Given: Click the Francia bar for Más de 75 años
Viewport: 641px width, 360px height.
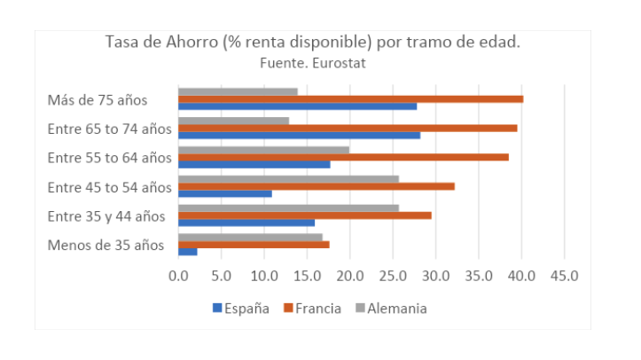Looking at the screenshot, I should point(350,98).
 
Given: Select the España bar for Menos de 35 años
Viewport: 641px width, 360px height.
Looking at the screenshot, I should point(187,252).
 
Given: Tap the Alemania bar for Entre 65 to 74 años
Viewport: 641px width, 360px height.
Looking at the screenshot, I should point(233,121).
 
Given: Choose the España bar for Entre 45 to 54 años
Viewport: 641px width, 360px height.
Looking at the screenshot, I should point(224,193).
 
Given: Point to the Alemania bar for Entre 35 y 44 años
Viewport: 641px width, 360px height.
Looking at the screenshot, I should point(288,207).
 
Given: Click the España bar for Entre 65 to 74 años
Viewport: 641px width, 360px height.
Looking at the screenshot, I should point(299,135).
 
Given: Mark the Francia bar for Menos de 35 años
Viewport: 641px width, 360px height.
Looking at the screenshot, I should point(254,245).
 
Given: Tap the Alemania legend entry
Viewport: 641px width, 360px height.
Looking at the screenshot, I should point(390,309).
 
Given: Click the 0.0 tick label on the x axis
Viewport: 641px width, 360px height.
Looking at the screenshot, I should point(178,276).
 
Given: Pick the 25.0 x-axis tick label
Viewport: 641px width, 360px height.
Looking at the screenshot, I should point(393,276).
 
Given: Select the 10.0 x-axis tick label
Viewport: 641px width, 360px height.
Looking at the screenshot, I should point(264,276).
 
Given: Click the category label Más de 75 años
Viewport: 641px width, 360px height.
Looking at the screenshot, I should point(97,99).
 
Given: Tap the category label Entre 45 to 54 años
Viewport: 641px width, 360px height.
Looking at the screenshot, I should point(109,186).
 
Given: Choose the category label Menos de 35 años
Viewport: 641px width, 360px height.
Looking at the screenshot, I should point(106,245).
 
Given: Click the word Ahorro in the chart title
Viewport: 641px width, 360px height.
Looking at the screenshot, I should point(204,43).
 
